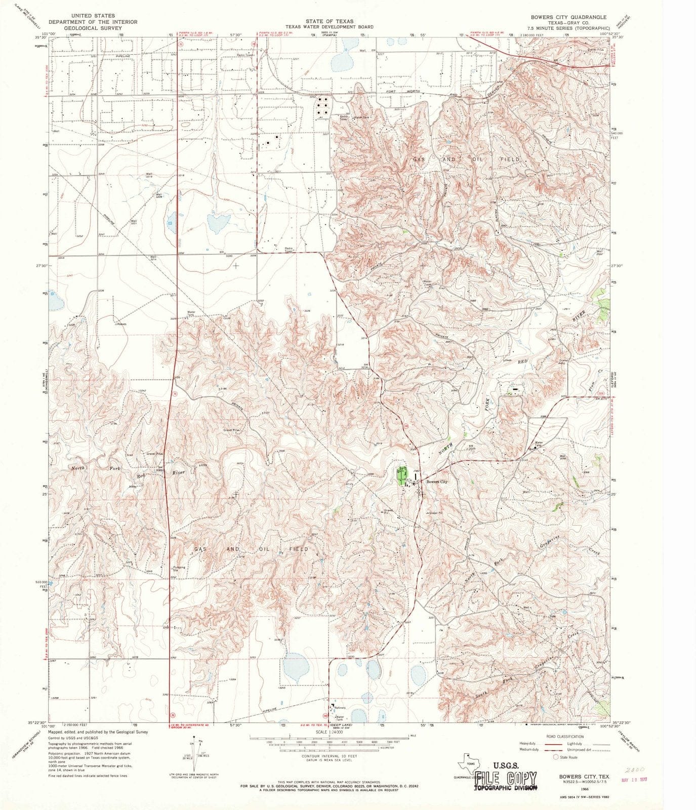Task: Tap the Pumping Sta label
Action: tap(179, 569)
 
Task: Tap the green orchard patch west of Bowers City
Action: tap(402, 476)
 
